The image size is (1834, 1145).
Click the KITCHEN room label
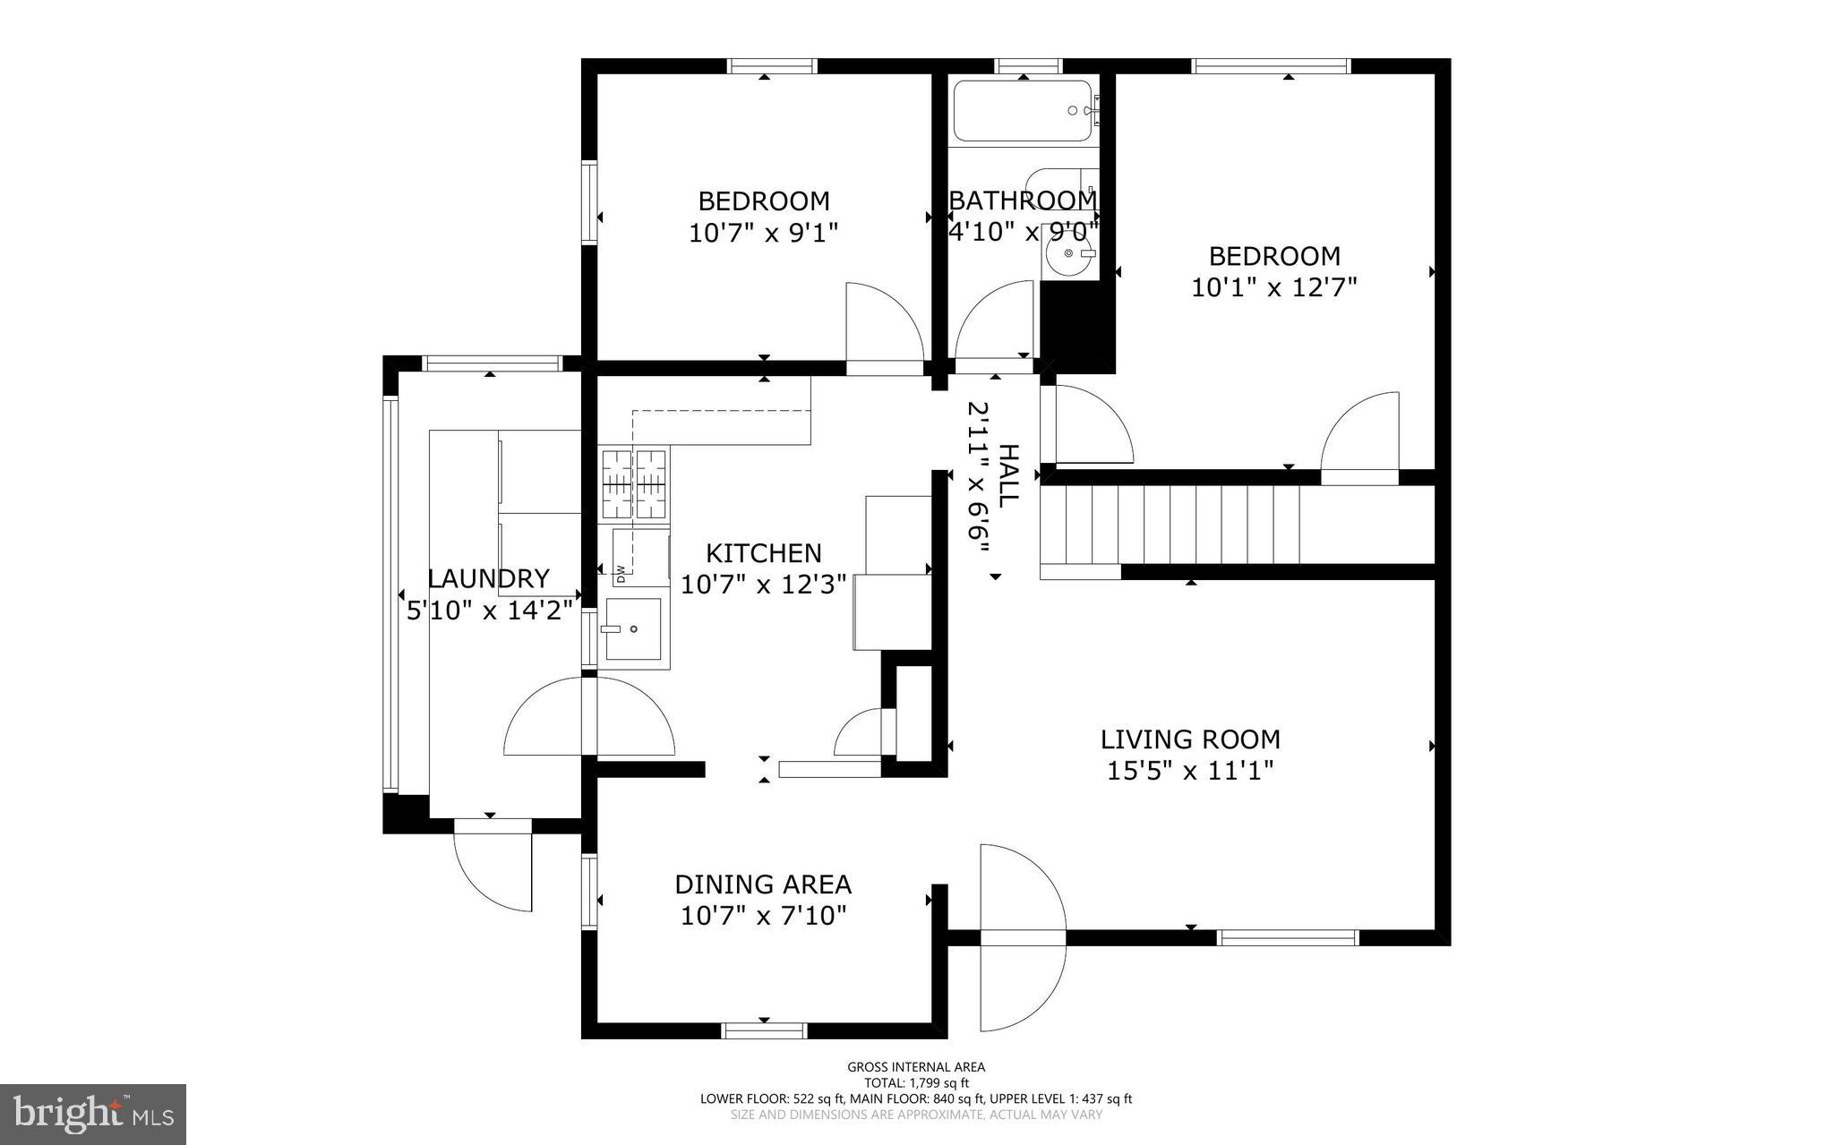coord(763,553)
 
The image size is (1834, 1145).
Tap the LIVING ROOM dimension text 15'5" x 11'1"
coord(1189,771)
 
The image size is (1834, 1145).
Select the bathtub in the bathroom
coord(1023,111)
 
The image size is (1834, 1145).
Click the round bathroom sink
coord(1069,253)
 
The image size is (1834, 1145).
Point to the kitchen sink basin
coord(633,629)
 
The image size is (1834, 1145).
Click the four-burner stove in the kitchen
coord(635,484)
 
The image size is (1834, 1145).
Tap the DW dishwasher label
coord(620,569)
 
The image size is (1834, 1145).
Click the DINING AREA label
coord(762,884)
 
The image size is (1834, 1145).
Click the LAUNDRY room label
coord(488,578)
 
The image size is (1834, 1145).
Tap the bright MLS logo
coord(93,1114)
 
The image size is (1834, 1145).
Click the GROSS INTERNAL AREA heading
coord(916,1066)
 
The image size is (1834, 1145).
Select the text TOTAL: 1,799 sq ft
coord(916,1082)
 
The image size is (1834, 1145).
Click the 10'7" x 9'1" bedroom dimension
coord(763,233)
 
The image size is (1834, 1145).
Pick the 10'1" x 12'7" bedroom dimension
coord(1273,287)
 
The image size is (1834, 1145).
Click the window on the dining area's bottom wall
coord(764,1031)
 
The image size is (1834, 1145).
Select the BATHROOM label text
coord(1022,200)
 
